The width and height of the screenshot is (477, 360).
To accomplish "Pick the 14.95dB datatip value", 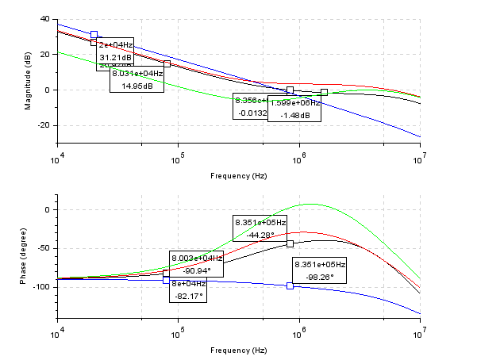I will tap(137, 86).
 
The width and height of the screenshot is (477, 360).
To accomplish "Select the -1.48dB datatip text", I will tap(294, 116).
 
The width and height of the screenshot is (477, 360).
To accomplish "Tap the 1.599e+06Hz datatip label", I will tap(294, 102).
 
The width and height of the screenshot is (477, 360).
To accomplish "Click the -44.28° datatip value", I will tap(260, 235).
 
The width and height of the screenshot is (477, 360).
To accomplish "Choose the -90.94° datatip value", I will tap(197, 270).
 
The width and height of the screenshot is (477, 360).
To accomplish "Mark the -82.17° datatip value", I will tap(187, 296).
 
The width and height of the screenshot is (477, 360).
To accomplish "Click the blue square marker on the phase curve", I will tap(290, 285).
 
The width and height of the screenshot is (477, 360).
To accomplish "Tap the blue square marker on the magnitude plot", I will tap(94, 35).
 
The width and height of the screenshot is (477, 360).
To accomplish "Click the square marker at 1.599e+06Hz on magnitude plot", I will tap(324, 93).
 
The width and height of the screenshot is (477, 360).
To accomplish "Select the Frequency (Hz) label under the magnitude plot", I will tap(239, 175).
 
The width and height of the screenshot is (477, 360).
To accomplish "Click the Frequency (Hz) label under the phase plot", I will tap(239, 350).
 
